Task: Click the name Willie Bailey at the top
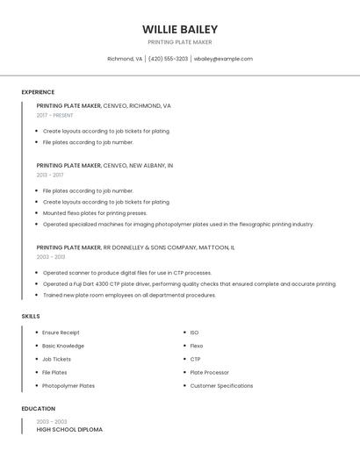179,29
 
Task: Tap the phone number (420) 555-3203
168,59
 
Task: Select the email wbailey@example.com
223,59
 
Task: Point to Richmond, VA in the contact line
125,59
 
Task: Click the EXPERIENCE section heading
38,92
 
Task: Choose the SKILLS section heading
31,316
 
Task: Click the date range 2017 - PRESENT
55,115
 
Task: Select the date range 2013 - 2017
50,175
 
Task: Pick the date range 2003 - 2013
51,257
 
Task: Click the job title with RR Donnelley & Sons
135,247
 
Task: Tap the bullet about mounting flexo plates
95,212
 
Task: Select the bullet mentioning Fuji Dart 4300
189,283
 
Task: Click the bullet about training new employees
129,295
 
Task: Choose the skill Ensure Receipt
61,333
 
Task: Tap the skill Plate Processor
209,372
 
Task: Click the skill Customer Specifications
221,385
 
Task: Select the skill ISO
194,333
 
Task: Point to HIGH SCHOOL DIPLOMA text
69,430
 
